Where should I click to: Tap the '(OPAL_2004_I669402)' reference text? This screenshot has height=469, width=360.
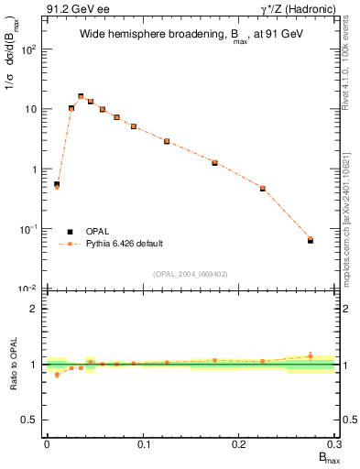tap(190, 274)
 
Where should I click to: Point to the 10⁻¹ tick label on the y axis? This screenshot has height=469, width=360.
tap(29, 229)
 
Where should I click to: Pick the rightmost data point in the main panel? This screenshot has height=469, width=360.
tap(311, 240)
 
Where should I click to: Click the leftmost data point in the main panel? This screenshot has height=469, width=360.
tap(57, 185)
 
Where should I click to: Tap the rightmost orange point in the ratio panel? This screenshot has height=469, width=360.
tap(311, 355)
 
